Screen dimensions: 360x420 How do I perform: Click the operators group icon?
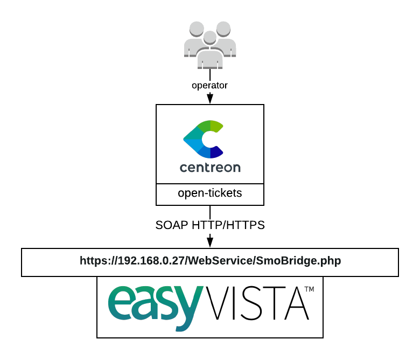[x=210, y=46]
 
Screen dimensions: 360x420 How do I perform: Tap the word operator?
[x=210, y=85]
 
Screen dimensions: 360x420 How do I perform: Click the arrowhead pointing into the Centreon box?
[x=210, y=99]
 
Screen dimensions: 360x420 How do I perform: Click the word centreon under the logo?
[x=210, y=168]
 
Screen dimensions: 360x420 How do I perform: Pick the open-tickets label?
[x=210, y=193]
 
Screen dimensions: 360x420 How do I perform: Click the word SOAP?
[x=172, y=225]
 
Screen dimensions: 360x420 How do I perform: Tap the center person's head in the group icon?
[x=210, y=38]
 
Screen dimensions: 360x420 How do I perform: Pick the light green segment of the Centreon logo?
[x=215, y=127]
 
